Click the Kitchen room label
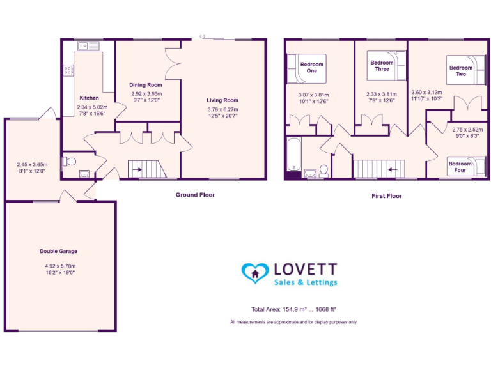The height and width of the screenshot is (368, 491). pyautogui.click(x=89, y=98)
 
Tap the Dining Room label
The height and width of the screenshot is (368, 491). pyautogui.click(x=146, y=84)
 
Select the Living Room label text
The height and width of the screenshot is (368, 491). pyautogui.click(x=222, y=100)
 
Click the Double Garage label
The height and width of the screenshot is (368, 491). pyautogui.click(x=58, y=251)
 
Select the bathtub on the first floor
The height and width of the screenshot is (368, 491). pyautogui.click(x=295, y=155)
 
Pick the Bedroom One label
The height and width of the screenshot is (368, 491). pyautogui.click(x=312, y=67)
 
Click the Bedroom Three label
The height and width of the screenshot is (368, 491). pyautogui.click(x=382, y=65)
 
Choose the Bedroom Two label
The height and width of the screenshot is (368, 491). pyautogui.click(x=460, y=71)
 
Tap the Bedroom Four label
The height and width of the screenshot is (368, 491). pyautogui.click(x=460, y=167)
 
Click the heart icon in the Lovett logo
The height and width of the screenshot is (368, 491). pyautogui.click(x=254, y=273)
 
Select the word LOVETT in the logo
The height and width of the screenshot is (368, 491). pyautogui.click(x=305, y=269)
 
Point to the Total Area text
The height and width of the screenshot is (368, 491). pyautogui.click(x=293, y=309)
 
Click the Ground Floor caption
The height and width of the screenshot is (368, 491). pyautogui.click(x=195, y=195)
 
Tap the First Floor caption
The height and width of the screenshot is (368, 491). pyautogui.click(x=386, y=196)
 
